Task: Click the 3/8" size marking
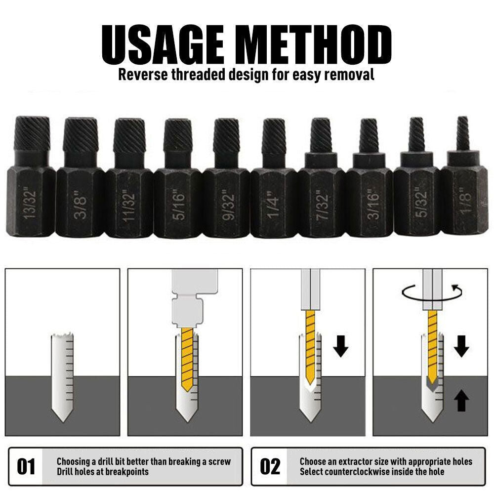tap(80, 203)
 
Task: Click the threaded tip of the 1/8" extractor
tap(462, 133)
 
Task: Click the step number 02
tap(270, 466)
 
